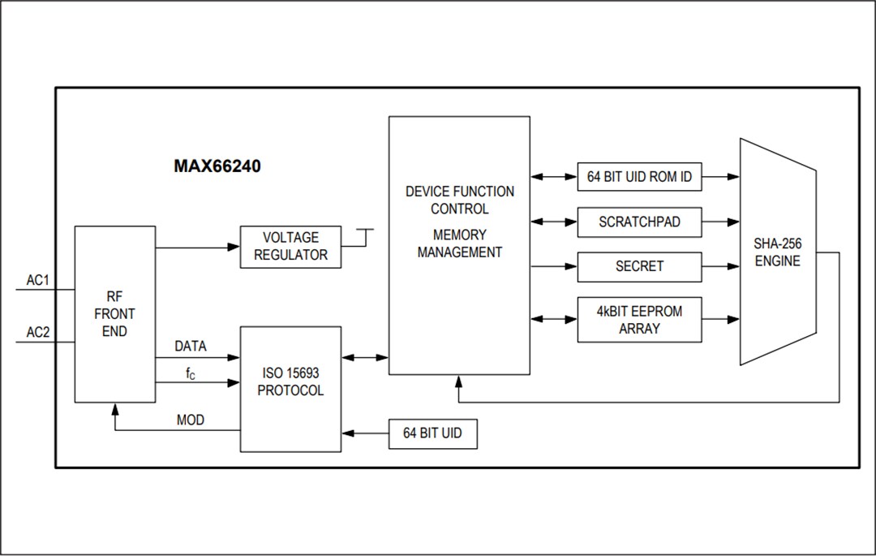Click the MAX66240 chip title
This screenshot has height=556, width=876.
tap(217, 166)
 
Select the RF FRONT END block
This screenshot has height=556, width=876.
tap(114, 314)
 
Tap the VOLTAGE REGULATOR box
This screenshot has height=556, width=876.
tap(290, 247)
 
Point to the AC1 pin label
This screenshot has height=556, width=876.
tap(38, 280)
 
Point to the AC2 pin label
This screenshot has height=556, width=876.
tap(38, 332)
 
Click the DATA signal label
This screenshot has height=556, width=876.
tap(191, 347)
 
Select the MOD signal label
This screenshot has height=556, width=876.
tap(191, 420)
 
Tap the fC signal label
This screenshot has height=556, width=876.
tap(190, 374)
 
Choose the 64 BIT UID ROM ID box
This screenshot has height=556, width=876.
tap(639, 176)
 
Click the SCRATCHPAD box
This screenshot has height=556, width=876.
tap(639, 222)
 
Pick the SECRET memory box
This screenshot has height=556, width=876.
tap(639, 266)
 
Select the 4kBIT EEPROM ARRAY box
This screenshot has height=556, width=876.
tap(639, 320)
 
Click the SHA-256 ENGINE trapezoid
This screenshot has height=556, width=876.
tap(778, 252)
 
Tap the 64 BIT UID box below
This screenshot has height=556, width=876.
tap(432, 433)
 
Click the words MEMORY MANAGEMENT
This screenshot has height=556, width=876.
tap(459, 244)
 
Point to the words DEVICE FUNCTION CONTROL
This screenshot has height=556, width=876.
tap(459, 200)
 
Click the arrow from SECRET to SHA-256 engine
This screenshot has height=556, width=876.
tap(720, 266)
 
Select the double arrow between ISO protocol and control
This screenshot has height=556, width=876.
tap(365, 357)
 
